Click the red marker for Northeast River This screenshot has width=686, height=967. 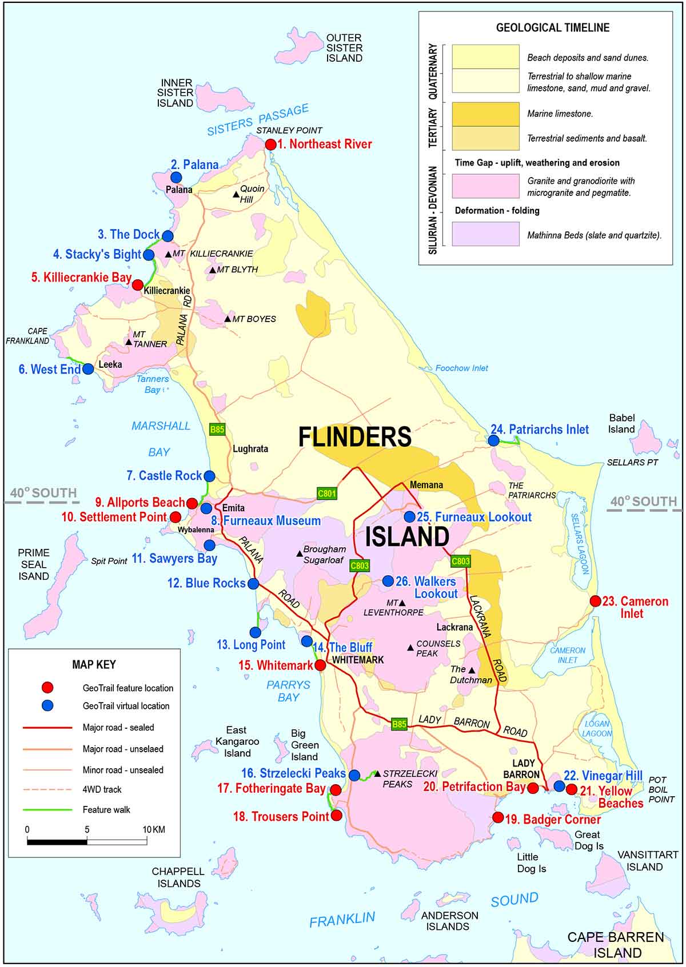point(270,145)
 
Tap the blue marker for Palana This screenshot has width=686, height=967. point(176,178)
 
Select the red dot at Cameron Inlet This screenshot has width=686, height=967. point(595,601)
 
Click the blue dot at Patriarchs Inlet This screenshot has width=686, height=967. point(493,440)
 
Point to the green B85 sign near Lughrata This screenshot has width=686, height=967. point(217,430)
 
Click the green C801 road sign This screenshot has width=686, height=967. point(327,493)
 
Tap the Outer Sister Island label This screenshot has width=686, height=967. point(344,48)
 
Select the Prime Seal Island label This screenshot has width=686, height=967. point(34,564)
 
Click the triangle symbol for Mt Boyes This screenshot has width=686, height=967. point(228,319)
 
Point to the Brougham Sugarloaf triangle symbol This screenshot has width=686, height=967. point(299,553)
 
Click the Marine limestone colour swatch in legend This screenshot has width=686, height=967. point(485,114)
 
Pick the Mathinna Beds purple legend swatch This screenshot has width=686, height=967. point(485,234)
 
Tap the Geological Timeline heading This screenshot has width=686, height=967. point(552,27)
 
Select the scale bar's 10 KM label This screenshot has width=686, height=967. point(153,829)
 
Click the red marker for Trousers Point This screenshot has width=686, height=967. point(336,815)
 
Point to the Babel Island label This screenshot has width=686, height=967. point(621,424)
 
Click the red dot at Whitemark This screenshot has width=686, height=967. point(321,665)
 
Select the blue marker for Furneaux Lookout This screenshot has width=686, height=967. point(409,517)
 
